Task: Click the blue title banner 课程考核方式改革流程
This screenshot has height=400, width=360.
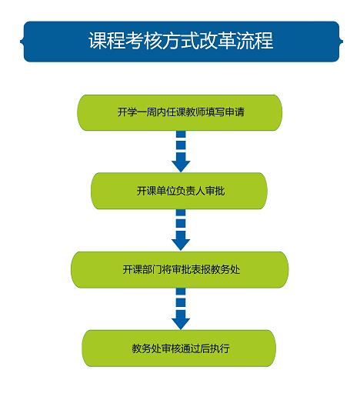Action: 182,42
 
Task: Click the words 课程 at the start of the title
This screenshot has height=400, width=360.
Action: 107,41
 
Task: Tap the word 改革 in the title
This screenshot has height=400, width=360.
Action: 218,41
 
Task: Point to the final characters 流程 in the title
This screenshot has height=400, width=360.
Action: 255,41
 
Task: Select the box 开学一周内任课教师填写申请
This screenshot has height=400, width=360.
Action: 180,112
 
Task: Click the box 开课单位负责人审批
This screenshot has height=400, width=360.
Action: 179,191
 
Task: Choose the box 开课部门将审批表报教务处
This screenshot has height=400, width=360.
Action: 180,270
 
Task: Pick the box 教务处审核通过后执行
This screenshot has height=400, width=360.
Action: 179,348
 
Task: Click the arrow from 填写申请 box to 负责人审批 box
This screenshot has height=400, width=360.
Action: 181,152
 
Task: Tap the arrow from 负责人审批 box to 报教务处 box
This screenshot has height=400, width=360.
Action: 181,230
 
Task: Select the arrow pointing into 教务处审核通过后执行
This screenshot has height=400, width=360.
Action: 181,308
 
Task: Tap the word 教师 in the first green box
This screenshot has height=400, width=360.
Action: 196,112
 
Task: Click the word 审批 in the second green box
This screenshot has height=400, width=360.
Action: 215,191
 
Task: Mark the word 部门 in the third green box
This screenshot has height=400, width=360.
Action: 152,270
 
